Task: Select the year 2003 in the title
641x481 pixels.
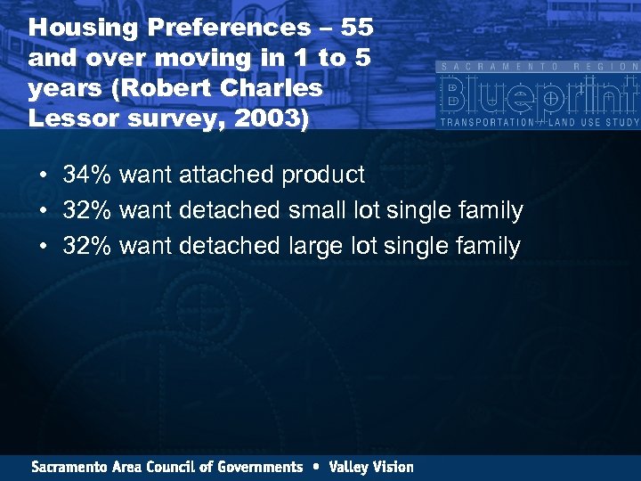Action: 272,118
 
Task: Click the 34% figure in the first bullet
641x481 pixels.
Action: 87,175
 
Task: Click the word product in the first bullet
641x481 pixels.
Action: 323,175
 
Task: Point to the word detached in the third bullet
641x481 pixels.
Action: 230,246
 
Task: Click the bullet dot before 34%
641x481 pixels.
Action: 43,175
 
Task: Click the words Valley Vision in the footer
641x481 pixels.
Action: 371,467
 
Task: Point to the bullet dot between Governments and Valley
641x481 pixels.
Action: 316,467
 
